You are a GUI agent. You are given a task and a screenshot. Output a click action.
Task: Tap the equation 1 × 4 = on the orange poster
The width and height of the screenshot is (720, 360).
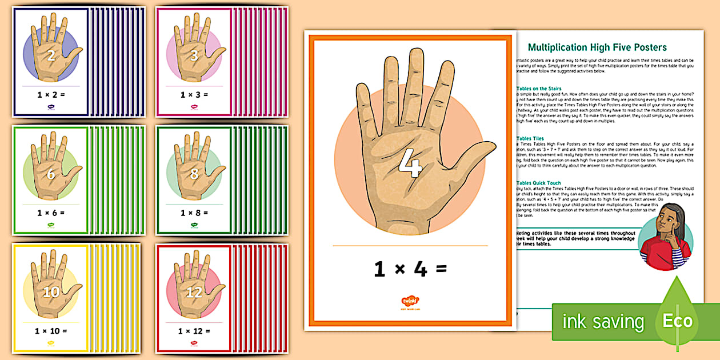point(410,269)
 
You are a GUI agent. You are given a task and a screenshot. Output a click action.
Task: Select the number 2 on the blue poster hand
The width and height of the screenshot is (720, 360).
point(51,55)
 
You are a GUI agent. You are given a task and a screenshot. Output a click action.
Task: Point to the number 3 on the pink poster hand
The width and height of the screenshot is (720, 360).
point(194,55)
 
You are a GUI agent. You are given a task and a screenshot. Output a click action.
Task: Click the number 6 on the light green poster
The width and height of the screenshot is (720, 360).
point(51,174)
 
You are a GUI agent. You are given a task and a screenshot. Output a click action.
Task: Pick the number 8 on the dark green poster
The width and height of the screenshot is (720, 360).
point(194,174)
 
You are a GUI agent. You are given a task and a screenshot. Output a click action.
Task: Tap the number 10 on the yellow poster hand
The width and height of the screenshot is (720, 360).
point(50,292)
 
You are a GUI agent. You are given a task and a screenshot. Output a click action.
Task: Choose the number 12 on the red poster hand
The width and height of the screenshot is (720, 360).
point(194,292)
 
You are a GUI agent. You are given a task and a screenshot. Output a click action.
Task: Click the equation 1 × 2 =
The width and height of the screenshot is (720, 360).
point(51,95)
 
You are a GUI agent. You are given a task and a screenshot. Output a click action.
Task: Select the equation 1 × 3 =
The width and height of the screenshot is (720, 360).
point(194,95)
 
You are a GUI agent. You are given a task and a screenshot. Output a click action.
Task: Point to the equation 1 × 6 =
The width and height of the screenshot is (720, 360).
point(51,213)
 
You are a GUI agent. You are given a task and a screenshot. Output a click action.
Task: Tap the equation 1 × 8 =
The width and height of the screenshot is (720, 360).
point(194,213)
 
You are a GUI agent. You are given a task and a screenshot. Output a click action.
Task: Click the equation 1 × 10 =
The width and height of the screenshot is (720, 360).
point(51,331)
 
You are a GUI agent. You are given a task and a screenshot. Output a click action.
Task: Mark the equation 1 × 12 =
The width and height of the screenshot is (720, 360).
point(194,331)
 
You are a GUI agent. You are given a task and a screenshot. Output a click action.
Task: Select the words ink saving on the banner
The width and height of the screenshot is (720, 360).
point(603,322)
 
